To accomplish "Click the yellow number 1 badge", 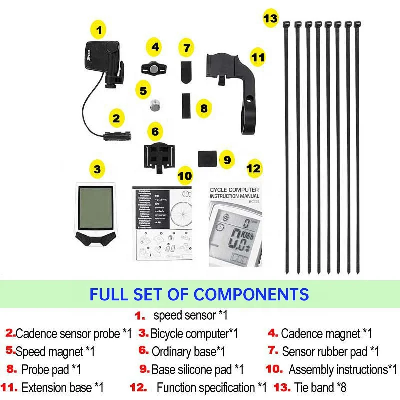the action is tap(99, 30).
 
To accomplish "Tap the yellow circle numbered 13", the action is tap(270, 19).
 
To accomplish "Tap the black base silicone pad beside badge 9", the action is tap(207, 159).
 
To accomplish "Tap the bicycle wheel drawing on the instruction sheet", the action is tap(181, 210).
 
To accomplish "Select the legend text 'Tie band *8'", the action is tap(320, 387).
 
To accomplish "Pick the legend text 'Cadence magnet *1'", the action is tap(326, 333).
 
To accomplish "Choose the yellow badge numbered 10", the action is tap(185, 176).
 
